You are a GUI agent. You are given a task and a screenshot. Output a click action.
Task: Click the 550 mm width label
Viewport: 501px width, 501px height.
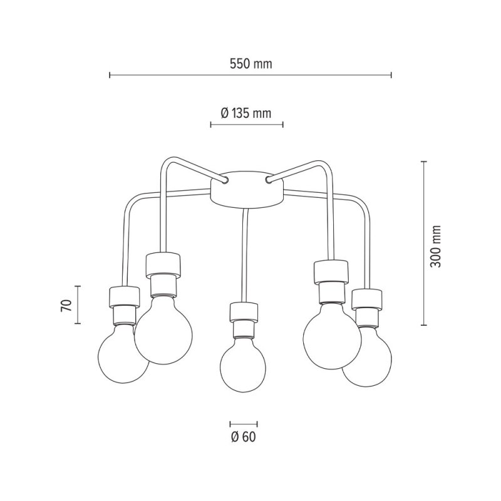point(250,64)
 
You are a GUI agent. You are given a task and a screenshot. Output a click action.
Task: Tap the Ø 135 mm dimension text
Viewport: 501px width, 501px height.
point(246,113)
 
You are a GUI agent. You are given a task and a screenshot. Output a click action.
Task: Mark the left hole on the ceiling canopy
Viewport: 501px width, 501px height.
point(224,180)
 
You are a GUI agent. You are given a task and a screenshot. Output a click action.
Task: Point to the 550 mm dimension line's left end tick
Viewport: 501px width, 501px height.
point(110,75)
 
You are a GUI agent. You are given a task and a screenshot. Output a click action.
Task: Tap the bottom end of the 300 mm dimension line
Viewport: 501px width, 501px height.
point(424,326)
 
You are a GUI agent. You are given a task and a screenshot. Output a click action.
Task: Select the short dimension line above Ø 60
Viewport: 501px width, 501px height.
point(243,423)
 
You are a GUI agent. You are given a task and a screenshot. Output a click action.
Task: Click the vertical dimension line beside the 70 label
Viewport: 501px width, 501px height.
point(78,305)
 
